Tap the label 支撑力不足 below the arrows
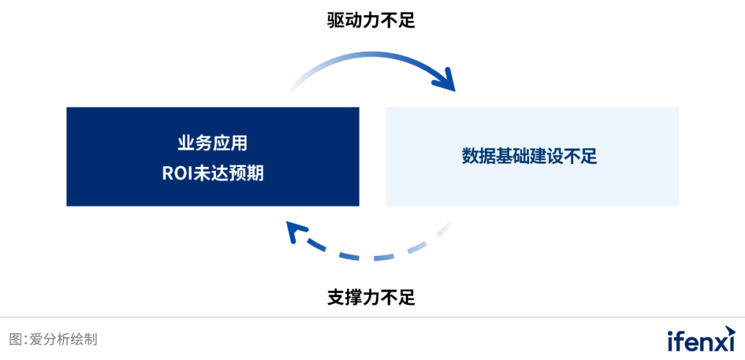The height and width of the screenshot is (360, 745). tap(371, 298)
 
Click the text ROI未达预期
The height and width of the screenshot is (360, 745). tap(212, 172)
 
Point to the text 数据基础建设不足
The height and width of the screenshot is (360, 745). tap(529, 157)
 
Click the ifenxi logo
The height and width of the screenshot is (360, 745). tap(701, 340)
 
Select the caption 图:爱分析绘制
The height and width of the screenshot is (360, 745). tap(53, 339)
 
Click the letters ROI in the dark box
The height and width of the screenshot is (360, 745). tap(177, 172)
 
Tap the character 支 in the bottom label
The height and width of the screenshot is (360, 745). tap(336, 298)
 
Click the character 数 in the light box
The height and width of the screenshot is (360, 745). tap(470, 157)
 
